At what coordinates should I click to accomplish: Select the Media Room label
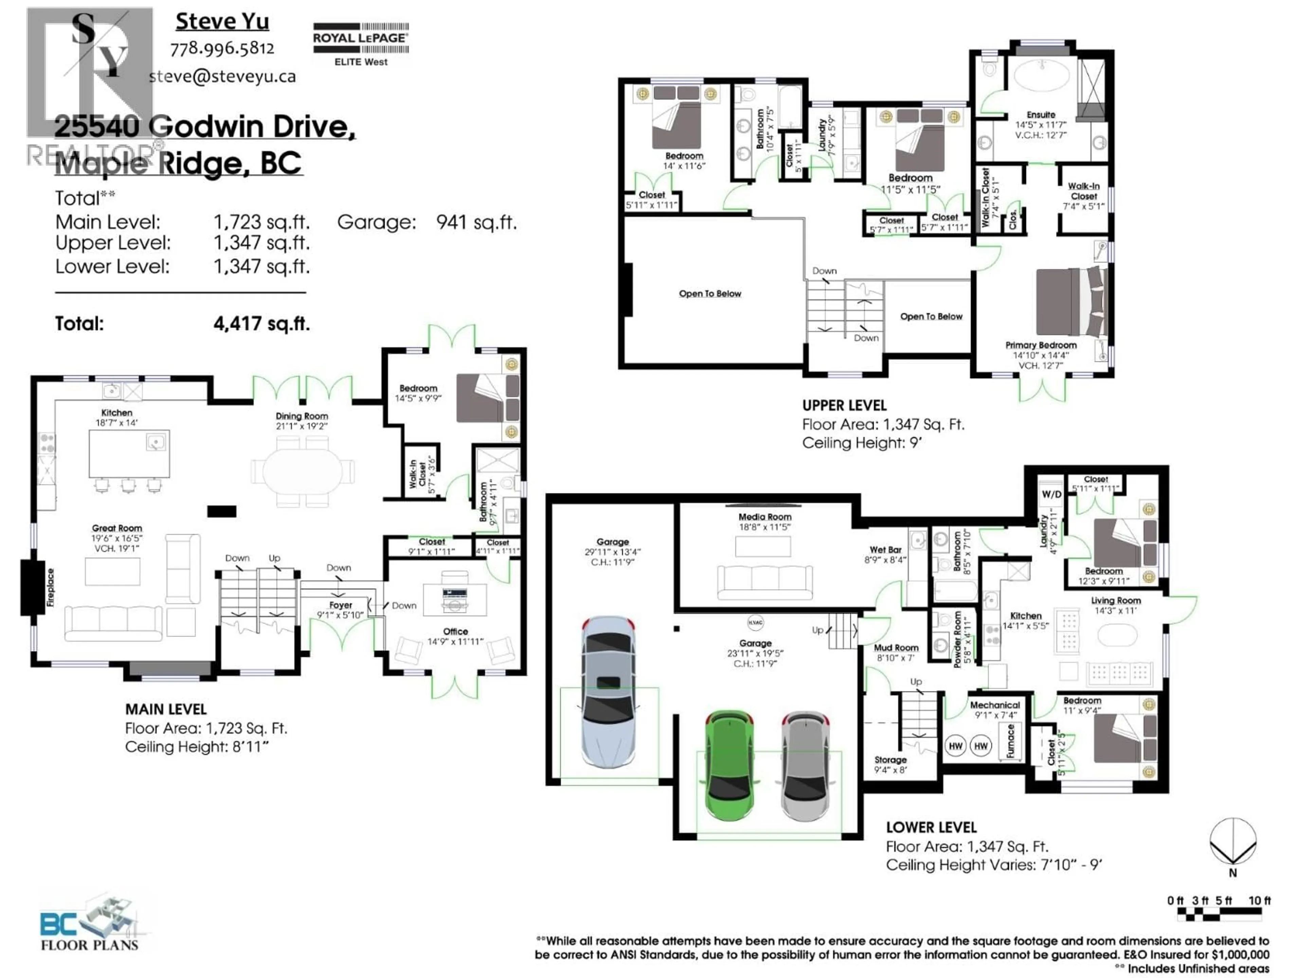click(x=765, y=517)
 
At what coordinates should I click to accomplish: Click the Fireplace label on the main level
click(x=50, y=587)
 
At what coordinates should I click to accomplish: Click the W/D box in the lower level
click(x=1051, y=494)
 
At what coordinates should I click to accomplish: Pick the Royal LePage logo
click(x=360, y=44)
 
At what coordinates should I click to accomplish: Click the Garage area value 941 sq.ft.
click(x=476, y=222)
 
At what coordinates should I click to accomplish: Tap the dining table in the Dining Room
click(x=303, y=472)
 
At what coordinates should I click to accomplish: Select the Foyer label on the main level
click(x=341, y=605)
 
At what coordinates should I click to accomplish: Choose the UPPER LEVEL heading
click(x=844, y=405)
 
